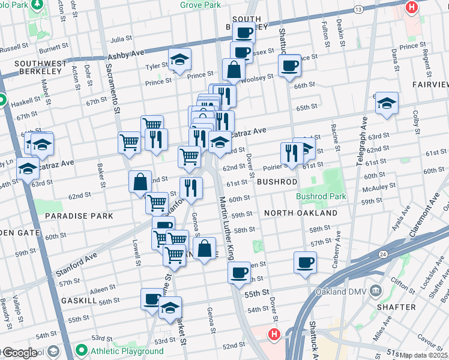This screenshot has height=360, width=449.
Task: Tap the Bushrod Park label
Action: (x=321, y=196)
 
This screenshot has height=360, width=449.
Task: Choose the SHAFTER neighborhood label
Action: (x=399, y=307)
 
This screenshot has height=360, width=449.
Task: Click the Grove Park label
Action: (x=200, y=5)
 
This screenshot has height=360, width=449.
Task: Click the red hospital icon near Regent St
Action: (x=412, y=7)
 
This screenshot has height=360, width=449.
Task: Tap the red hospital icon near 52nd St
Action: (x=274, y=334)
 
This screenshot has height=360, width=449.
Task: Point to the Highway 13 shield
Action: (x=358, y=10)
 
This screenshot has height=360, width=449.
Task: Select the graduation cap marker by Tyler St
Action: (x=179, y=59)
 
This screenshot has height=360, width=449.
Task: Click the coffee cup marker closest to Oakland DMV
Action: (x=305, y=262)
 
